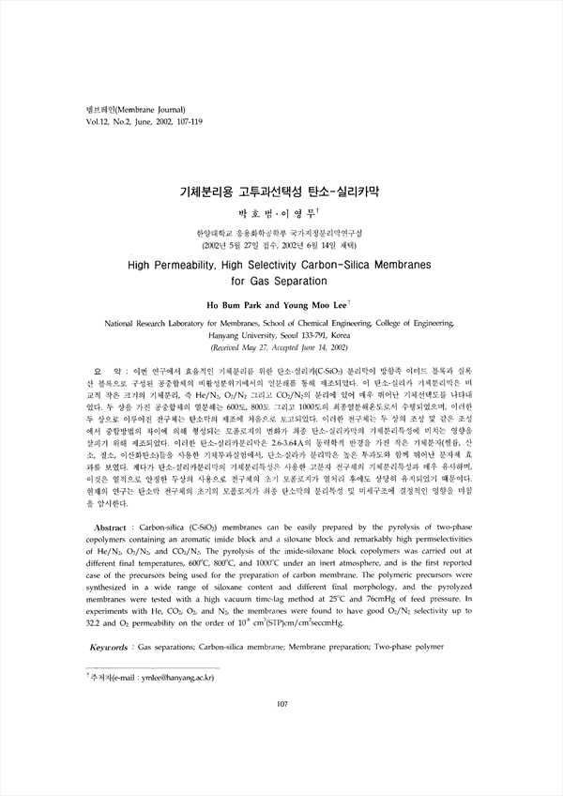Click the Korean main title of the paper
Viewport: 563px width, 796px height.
click(x=281, y=191)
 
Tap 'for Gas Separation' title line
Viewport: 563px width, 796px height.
click(x=281, y=281)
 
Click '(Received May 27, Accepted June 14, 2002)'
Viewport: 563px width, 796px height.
click(x=281, y=346)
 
